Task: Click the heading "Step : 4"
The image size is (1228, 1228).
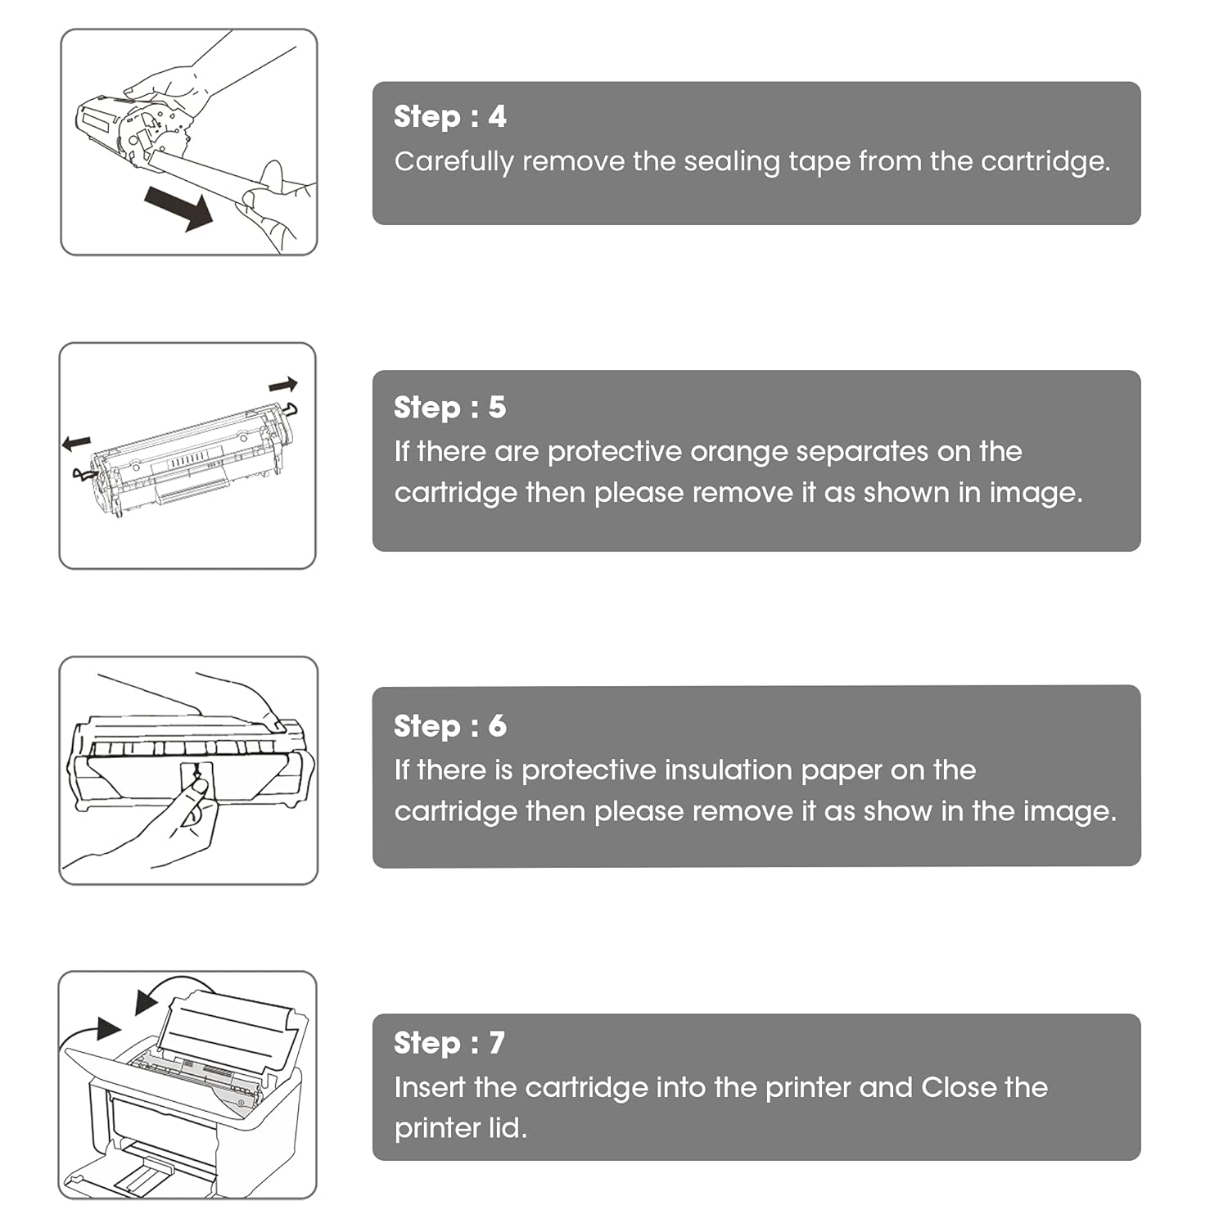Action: click(449, 117)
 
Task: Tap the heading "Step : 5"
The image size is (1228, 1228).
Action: click(449, 408)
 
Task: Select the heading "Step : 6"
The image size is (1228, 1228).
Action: click(449, 726)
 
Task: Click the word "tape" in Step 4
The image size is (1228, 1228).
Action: click(819, 162)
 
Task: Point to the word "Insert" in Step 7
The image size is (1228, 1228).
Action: click(430, 1087)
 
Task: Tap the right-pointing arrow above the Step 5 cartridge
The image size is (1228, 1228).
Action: click(283, 384)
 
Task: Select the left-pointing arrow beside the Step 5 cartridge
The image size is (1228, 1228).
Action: click(76, 443)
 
